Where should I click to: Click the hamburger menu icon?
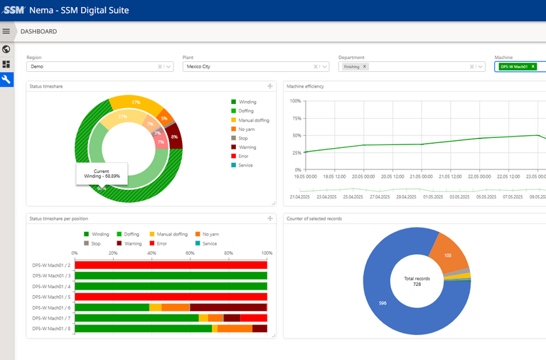pyautogui.click(x=6, y=31)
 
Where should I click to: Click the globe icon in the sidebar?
pyautogui.click(x=6, y=49)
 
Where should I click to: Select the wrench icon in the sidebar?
pyautogui.click(x=6, y=79)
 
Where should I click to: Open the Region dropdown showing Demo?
pyautogui.click(x=92, y=67)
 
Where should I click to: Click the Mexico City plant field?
pyautogui.click(x=249, y=67)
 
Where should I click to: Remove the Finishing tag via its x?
pyautogui.click(x=365, y=67)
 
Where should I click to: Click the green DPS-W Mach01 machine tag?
pyautogui.click(x=513, y=67)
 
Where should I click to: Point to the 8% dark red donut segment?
pyautogui.click(x=174, y=136)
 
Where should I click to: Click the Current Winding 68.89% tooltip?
pyautogui.click(x=102, y=174)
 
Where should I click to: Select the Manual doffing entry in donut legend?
pyautogui.click(x=253, y=120)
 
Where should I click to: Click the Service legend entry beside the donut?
pyautogui.click(x=246, y=165)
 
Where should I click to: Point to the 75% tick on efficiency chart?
pyautogui.click(x=296, y=118)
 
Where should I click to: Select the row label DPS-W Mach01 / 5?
pyautogui.click(x=51, y=297)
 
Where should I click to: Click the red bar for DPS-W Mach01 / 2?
pyautogui.click(x=171, y=265)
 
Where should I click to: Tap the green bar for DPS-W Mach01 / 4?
pyautogui.click(x=171, y=286)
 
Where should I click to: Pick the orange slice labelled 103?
pyautogui.click(x=448, y=255)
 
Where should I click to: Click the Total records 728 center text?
pyautogui.click(x=417, y=281)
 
